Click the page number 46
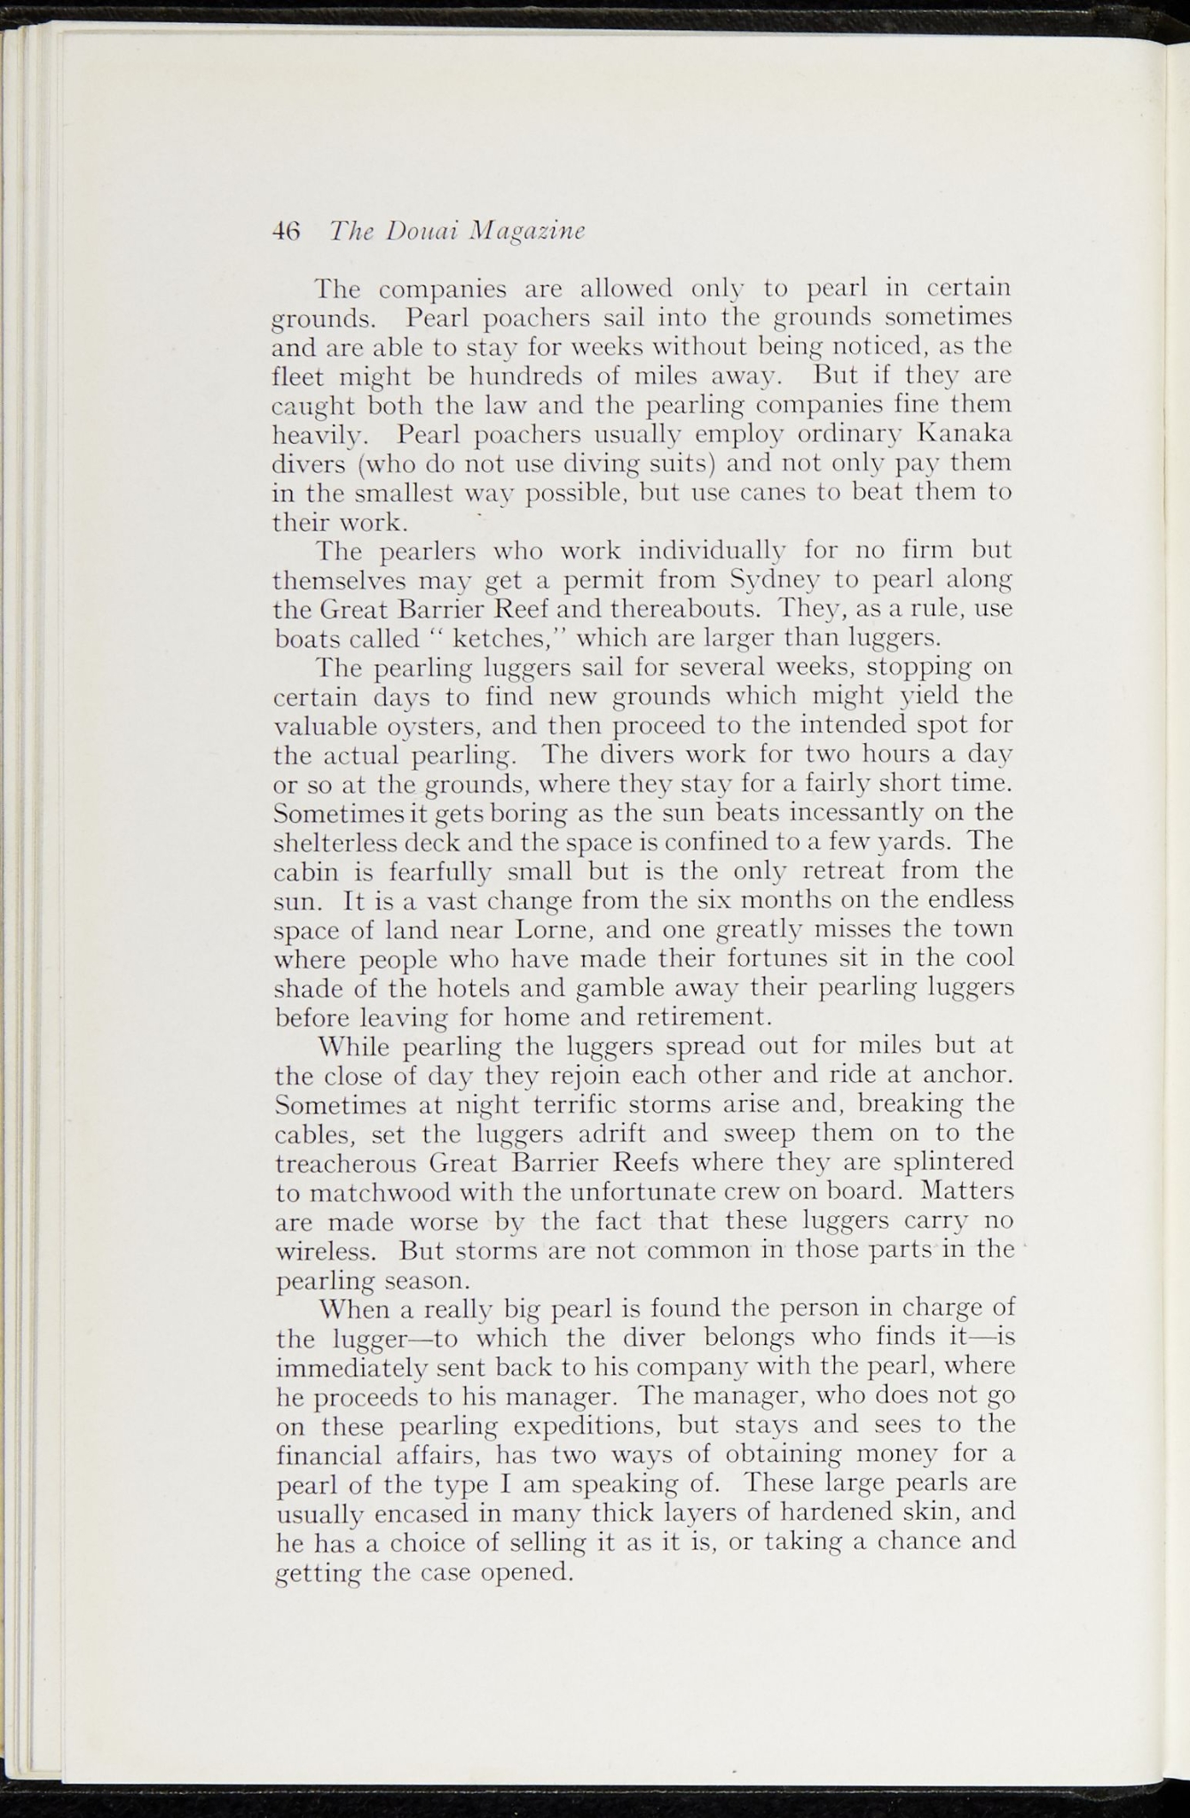[x=286, y=231]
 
